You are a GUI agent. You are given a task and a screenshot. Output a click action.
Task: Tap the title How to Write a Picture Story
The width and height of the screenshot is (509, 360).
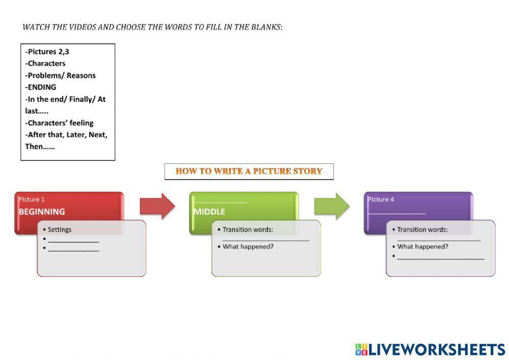pyautogui.click(x=249, y=171)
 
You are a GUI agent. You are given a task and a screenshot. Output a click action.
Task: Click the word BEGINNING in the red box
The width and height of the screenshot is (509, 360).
pyautogui.click(x=42, y=212)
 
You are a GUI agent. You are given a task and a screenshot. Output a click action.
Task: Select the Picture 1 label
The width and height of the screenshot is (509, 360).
pyautogui.click(x=32, y=199)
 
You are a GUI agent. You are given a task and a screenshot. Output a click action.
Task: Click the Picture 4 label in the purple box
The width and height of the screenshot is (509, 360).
pyautogui.click(x=381, y=199)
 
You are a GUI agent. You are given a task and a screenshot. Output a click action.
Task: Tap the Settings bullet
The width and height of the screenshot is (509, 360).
pyautogui.click(x=60, y=230)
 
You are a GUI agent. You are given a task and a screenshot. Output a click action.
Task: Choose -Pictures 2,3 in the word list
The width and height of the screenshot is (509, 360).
pyautogui.click(x=47, y=51)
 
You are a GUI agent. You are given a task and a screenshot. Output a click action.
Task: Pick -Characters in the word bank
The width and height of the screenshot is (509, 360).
pyautogui.click(x=45, y=64)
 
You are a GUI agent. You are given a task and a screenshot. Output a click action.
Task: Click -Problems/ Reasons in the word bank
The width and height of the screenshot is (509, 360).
pyautogui.click(x=61, y=75)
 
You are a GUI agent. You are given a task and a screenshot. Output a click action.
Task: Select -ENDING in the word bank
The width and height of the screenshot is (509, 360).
pyautogui.click(x=41, y=87)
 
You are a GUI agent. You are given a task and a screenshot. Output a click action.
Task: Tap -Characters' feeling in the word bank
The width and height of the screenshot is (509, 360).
pyautogui.click(x=60, y=123)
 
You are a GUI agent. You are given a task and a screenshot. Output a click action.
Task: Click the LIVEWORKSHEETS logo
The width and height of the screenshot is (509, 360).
pyautogui.click(x=430, y=349)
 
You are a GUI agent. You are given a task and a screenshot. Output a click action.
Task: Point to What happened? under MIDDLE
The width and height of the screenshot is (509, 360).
pyautogui.click(x=248, y=246)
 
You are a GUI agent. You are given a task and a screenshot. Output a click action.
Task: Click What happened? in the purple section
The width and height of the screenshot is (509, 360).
pyautogui.click(x=422, y=246)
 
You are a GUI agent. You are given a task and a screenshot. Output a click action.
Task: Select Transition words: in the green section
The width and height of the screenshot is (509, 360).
pyautogui.click(x=247, y=230)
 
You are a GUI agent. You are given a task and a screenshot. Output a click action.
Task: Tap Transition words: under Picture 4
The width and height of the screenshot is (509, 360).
pyautogui.click(x=422, y=230)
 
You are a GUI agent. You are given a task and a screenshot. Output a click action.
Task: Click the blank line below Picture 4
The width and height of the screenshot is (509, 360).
pyautogui.click(x=397, y=212)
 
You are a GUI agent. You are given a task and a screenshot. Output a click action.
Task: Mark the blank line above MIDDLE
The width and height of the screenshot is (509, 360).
pyautogui.click(x=220, y=202)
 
